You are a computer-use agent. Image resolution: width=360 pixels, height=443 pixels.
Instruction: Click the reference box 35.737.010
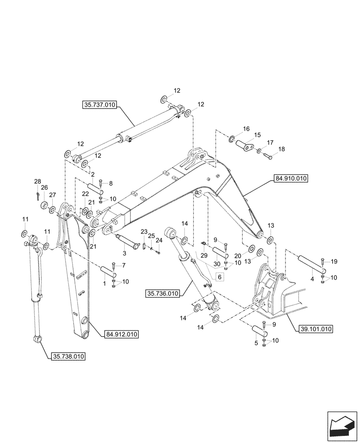tap(99, 105)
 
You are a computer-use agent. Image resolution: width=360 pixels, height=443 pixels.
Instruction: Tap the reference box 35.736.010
tap(163, 293)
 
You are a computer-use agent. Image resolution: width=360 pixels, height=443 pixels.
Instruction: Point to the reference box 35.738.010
tap(69, 356)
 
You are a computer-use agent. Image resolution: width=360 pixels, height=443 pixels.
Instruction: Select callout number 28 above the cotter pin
tap(38, 182)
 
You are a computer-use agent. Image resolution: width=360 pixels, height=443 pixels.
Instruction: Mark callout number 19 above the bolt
tap(334, 261)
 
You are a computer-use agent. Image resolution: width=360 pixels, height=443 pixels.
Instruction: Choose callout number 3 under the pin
tap(125, 253)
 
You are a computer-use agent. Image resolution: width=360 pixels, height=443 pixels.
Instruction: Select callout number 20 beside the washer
tap(250, 256)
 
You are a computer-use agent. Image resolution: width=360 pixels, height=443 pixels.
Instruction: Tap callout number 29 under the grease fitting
tap(204, 256)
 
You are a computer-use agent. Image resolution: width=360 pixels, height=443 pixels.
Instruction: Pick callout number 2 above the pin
tap(92, 175)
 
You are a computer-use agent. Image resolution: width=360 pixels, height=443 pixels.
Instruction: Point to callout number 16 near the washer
tap(246, 129)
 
